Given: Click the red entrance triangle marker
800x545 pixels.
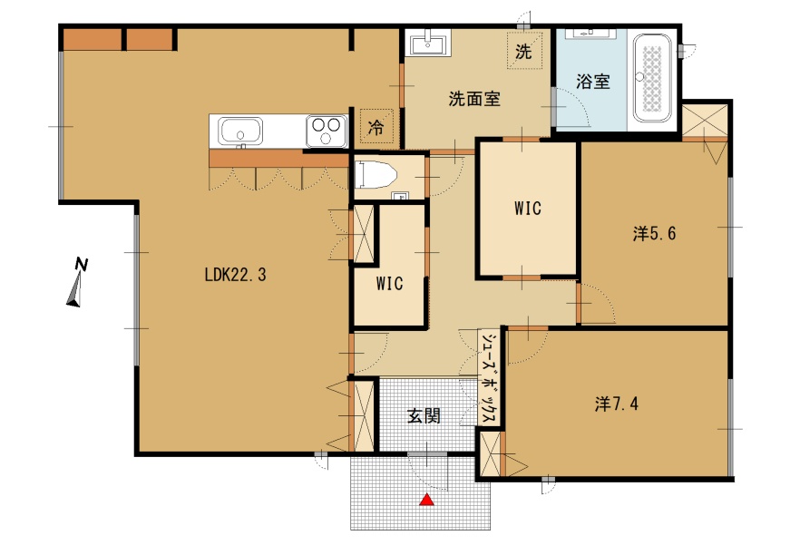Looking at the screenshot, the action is [x=426, y=500].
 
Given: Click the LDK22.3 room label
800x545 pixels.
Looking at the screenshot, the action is [x=235, y=275].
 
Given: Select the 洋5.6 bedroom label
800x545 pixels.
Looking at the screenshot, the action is [x=654, y=234].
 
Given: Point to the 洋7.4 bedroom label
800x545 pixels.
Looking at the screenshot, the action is [x=617, y=404].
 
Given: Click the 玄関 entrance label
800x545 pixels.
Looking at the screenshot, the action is [x=424, y=416].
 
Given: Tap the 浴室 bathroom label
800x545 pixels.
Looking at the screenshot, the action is [x=593, y=82].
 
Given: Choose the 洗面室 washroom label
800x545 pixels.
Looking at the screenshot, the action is [x=474, y=99].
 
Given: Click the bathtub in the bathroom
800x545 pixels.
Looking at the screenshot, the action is [x=652, y=78].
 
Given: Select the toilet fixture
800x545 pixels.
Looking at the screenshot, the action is [x=376, y=174].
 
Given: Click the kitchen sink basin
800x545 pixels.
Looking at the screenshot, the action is [x=240, y=131].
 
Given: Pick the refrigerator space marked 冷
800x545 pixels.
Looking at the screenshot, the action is [x=376, y=127].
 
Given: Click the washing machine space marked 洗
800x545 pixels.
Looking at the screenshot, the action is [x=524, y=51].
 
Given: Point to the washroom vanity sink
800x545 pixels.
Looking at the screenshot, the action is [x=428, y=43].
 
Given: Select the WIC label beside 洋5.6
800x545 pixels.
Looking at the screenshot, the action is [x=528, y=209].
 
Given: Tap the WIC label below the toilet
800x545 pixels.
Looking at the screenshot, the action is [x=390, y=284].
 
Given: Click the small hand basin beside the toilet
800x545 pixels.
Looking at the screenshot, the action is [x=399, y=196].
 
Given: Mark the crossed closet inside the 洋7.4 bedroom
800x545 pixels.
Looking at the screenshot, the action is [x=491, y=454].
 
